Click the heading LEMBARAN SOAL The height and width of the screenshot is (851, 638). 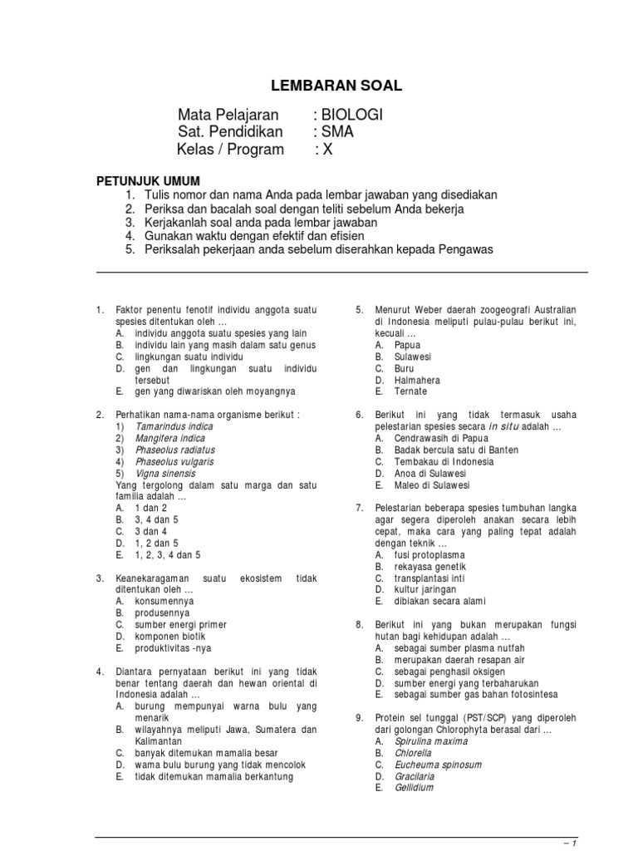coord(337,86)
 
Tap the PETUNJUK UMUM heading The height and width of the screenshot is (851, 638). coord(149,180)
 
